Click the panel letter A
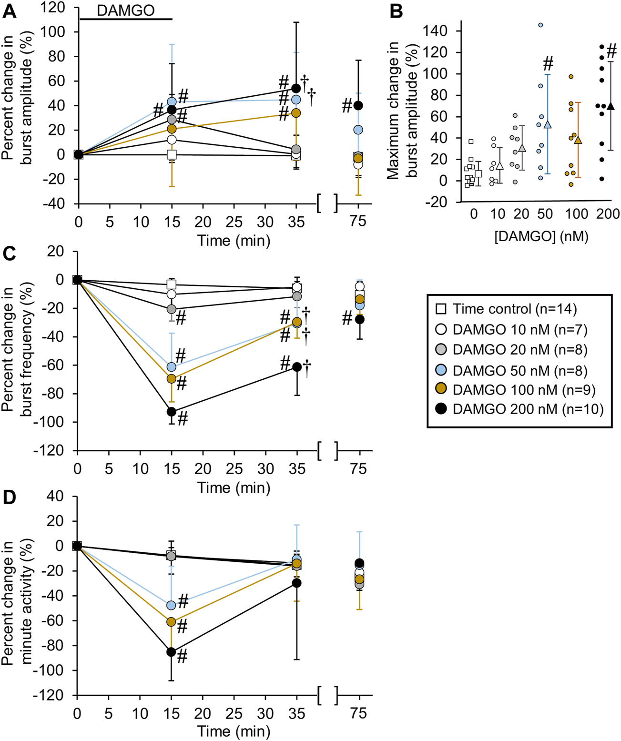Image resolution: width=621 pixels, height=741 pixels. [x=10, y=11]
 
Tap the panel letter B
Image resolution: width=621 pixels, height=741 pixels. [x=396, y=11]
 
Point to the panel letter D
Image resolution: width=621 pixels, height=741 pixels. [x=10, y=498]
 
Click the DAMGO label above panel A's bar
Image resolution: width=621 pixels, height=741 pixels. [x=125, y=10]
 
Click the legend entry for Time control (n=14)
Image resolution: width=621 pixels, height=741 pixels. [x=514, y=309]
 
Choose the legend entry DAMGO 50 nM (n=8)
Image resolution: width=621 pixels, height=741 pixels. [x=519, y=370]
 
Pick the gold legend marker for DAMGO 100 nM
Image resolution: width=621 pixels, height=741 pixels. [x=441, y=390]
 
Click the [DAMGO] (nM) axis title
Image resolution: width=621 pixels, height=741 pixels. [x=541, y=236]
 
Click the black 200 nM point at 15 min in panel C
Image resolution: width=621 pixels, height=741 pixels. [x=171, y=412]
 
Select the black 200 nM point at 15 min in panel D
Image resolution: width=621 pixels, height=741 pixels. [x=171, y=652]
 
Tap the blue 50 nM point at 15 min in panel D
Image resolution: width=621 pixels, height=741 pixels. [x=171, y=605]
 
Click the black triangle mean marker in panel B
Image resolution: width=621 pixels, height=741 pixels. [x=611, y=106]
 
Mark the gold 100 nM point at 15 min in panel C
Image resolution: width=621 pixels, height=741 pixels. [x=171, y=379]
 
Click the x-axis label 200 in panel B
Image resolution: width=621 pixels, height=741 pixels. [x=608, y=214]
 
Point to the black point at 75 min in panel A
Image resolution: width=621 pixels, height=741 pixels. [x=358, y=105]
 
